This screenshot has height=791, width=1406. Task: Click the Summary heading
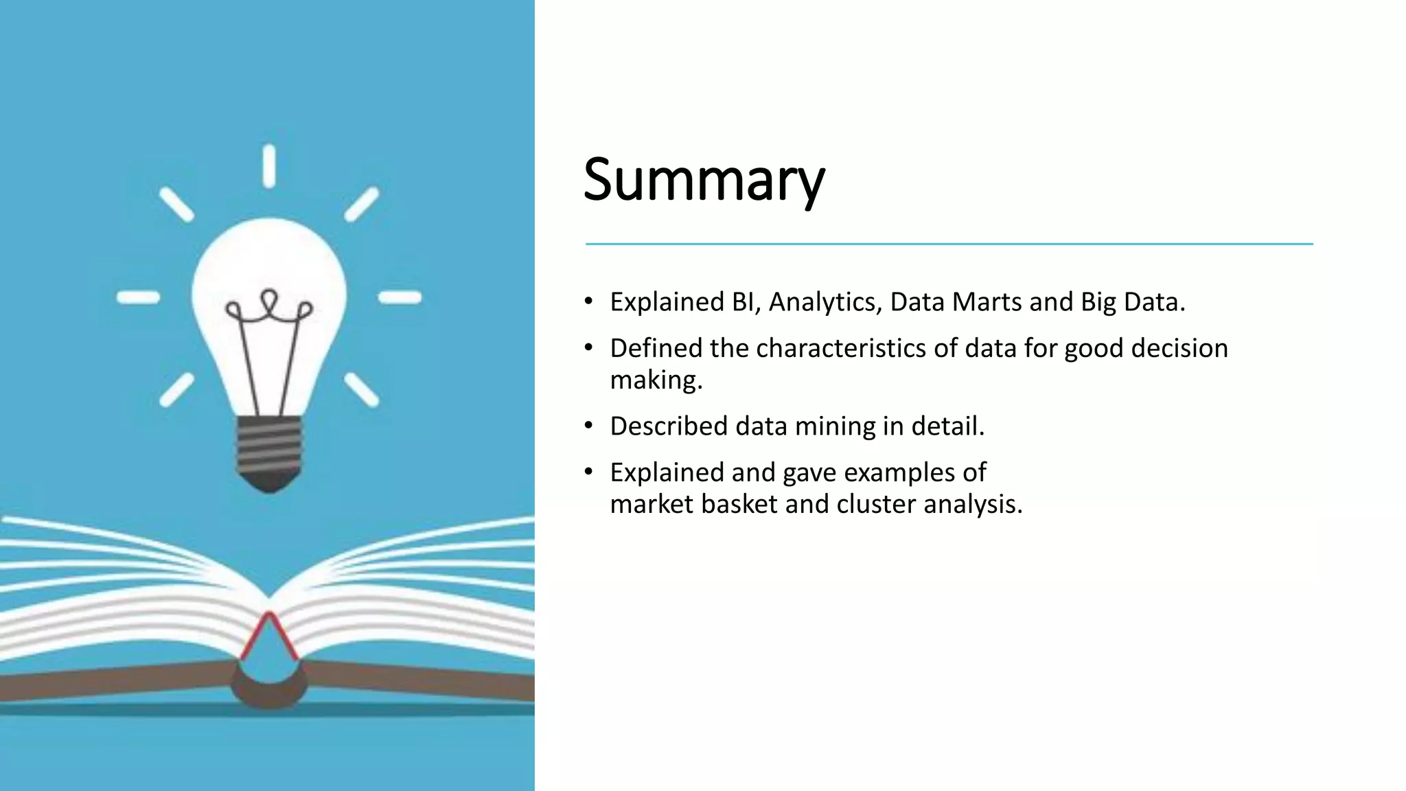pos(704,180)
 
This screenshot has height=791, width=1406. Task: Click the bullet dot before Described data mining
pos(588,426)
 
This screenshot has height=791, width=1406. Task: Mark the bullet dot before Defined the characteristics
pos(588,348)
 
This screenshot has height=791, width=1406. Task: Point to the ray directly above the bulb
pos(269,165)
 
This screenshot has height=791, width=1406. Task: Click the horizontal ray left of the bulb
pos(139,297)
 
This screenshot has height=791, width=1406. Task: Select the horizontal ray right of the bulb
pos(400,297)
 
